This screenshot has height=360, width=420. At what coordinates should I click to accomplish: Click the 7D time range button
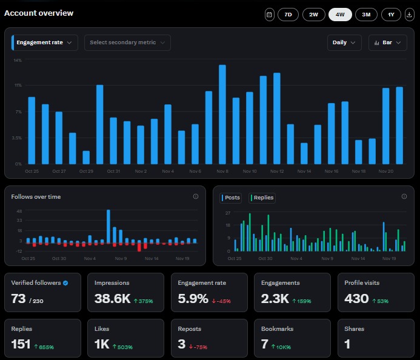pos(288,15)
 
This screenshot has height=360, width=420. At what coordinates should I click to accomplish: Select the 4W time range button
pos(340,15)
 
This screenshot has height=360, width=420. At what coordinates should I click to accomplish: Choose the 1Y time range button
pos(391,15)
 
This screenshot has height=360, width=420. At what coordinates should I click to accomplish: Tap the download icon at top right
pos(409,15)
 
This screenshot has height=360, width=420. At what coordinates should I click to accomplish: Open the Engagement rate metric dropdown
pos(45,42)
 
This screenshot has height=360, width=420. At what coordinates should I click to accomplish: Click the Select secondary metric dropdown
pos(127,42)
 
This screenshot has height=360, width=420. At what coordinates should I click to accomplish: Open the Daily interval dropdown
pos(344,42)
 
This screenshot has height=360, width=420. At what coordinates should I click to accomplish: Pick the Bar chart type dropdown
pos(387,42)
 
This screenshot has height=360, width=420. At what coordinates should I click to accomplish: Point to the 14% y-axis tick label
pos(18,60)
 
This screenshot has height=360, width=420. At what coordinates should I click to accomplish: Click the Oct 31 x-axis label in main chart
pos(113,172)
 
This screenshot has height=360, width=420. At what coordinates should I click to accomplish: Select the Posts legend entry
pos(231,198)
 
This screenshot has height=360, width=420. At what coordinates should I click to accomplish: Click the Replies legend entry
pos(262,198)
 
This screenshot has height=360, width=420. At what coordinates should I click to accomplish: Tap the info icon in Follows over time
pos(195,196)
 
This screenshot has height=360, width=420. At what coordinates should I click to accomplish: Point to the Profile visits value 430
pos(356,298)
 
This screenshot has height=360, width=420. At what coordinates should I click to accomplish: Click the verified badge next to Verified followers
pos(65,282)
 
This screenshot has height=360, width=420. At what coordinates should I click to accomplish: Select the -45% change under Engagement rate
pos(222,301)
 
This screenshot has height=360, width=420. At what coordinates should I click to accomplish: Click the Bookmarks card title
pos(278,328)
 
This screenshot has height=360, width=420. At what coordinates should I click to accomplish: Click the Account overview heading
pos(39,13)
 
